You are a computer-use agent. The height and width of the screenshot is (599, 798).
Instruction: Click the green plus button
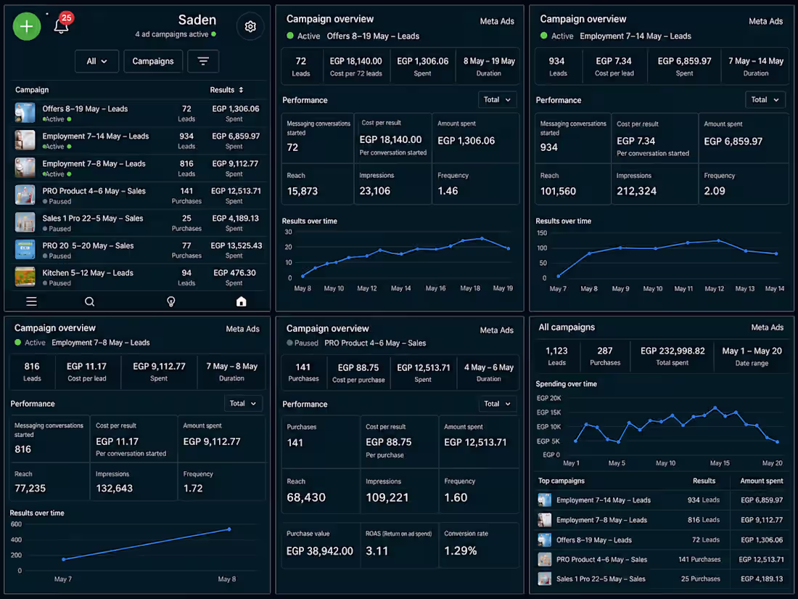pos(26,26)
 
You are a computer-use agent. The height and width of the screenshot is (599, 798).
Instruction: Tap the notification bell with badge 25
pos(62,24)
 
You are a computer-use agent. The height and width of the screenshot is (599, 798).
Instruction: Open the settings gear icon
pos(250,26)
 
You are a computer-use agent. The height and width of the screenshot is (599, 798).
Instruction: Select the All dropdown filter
pos(96,61)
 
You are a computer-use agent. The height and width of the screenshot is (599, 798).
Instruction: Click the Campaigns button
pos(152,61)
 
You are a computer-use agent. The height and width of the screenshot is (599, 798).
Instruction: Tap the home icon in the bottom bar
pos(242,301)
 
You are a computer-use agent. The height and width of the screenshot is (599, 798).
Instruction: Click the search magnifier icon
pos(89,301)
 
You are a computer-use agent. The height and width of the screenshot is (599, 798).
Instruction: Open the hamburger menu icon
pos(31,301)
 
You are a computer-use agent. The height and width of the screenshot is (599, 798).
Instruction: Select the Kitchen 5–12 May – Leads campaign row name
pos(88,273)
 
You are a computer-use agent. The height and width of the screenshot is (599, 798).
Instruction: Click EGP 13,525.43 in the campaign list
pos(236,245)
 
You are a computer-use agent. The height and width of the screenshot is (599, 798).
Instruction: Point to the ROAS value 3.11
pos(377,551)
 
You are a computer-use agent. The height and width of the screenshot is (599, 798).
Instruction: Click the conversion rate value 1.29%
pos(461,551)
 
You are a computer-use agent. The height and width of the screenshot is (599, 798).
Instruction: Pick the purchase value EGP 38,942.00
pos(320,551)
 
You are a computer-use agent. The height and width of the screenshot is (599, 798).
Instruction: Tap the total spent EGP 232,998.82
pos(672,351)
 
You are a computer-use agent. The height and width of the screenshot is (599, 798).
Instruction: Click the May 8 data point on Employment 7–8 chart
pos(229,529)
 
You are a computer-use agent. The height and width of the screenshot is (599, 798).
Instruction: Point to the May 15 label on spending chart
pos(720,463)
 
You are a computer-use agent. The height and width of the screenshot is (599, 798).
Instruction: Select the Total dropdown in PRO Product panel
pos(497,404)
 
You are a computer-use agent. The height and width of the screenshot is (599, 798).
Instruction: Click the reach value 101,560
pos(559,192)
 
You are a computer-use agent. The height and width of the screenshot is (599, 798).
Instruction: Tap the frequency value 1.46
pos(448,191)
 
